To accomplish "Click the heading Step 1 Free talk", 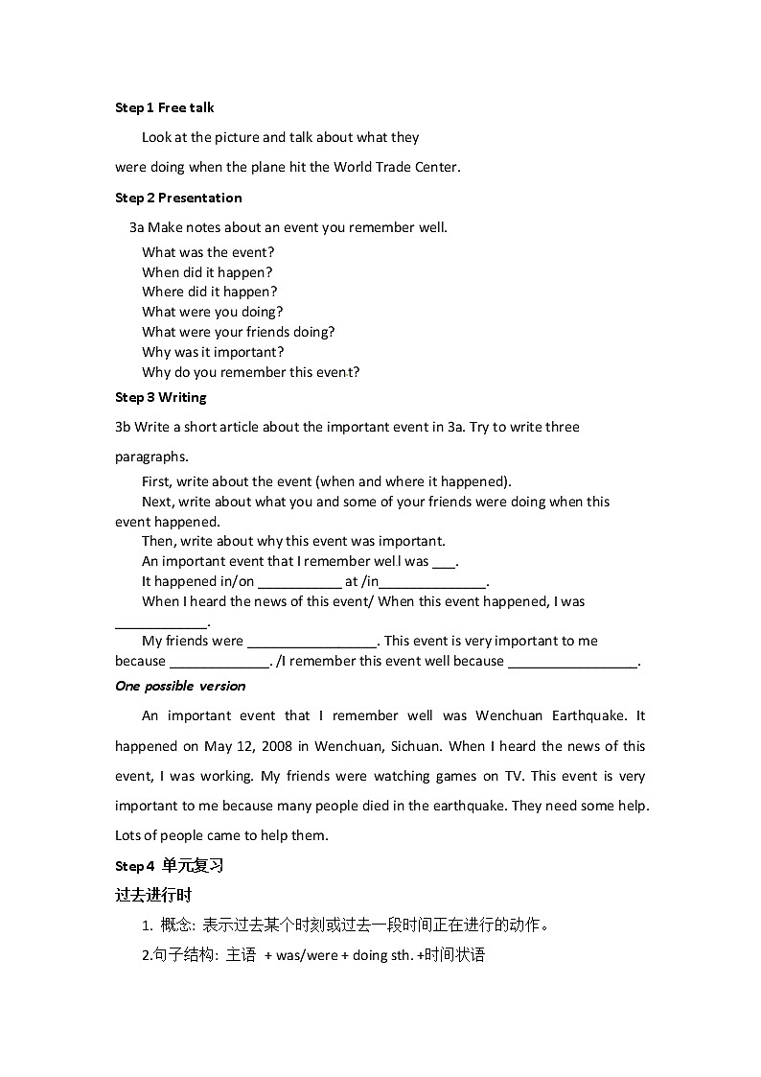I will coord(165,107).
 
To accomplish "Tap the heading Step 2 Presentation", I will coord(178,198).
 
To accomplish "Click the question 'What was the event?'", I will coord(208,252).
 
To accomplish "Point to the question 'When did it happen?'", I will coord(207,272).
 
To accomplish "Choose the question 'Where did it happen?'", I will coord(210,292).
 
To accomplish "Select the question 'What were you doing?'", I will coord(213,312).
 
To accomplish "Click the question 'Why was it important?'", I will coord(213,352).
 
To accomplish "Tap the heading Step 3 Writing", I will coord(161,397).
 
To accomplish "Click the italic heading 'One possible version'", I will coord(180,686).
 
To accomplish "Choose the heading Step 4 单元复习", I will coord(169,866).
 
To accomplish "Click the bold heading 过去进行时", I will coord(153,895).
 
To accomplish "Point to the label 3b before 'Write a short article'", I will coord(123,427).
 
